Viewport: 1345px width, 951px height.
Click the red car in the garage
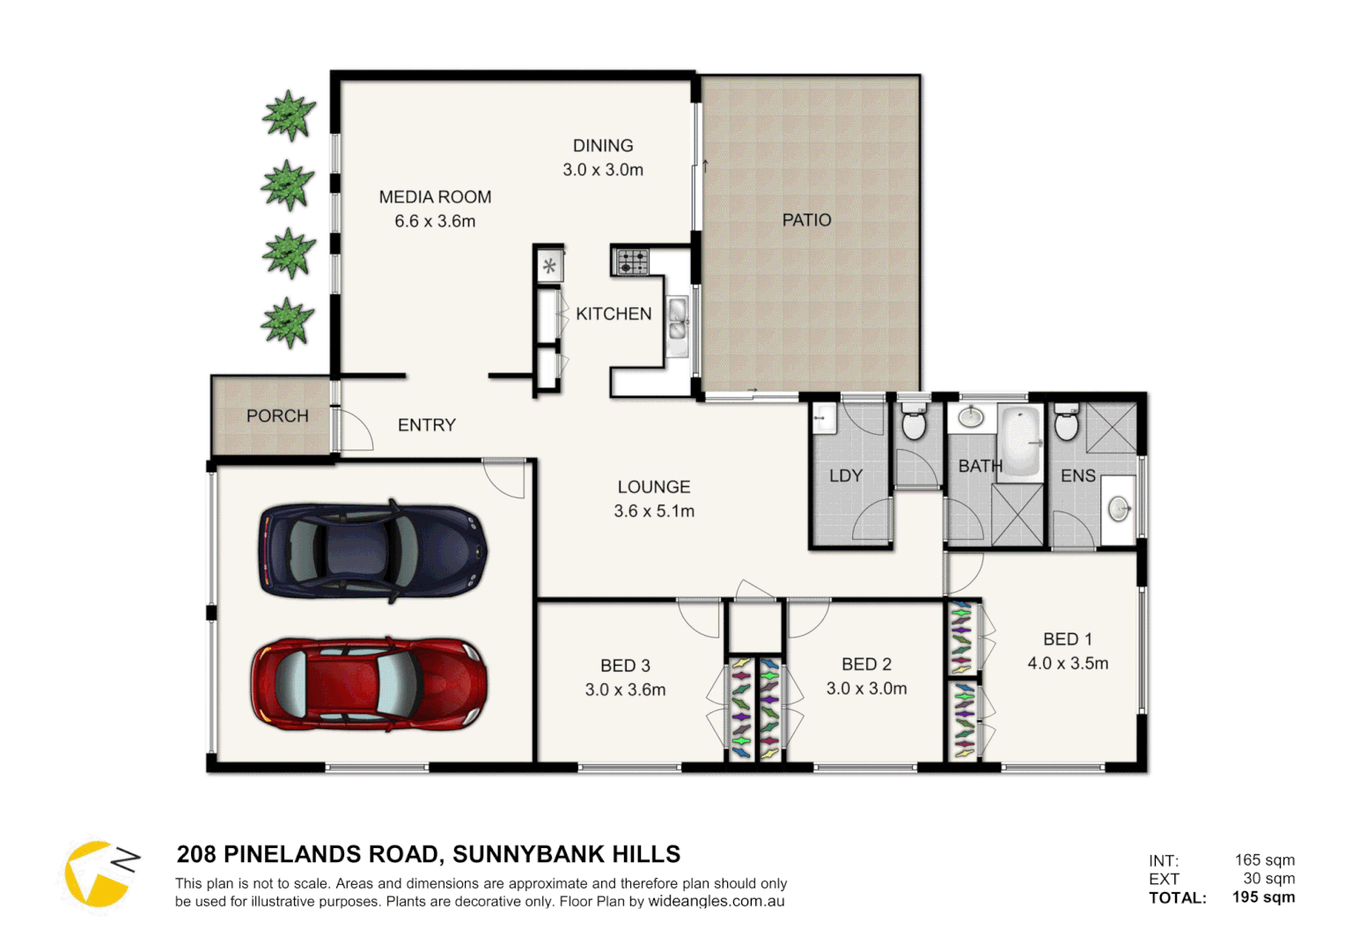coord(369,684)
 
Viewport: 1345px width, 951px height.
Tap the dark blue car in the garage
coord(372,551)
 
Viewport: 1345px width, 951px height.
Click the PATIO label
coord(806,220)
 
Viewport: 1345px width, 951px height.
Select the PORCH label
coord(277,416)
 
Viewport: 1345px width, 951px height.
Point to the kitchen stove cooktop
coord(631,262)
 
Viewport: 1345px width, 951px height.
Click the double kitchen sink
coord(677,320)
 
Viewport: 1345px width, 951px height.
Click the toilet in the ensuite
coord(1066,424)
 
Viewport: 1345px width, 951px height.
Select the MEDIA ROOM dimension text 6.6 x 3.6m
coord(435,222)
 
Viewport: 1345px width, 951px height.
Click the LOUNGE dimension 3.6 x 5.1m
coord(654,512)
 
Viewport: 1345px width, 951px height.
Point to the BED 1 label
coord(1067,639)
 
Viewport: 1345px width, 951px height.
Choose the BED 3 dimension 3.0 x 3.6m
coord(625,690)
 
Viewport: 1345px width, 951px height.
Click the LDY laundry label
coord(845,476)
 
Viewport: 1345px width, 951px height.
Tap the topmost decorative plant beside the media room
coord(288,115)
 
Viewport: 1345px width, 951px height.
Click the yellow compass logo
coord(98,874)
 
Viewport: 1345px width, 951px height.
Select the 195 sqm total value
coord(1263,897)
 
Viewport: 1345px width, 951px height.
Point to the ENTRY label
coord(427,425)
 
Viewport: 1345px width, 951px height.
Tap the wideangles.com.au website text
coord(716,902)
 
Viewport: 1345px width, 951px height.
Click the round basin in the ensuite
coord(1118,508)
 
